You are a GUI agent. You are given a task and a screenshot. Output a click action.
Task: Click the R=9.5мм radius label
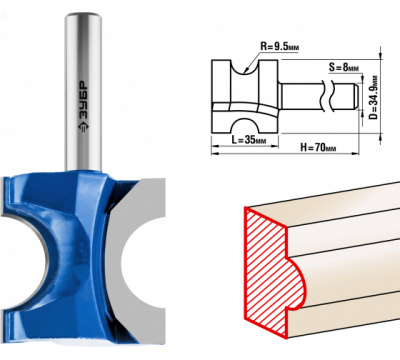pos(279,46)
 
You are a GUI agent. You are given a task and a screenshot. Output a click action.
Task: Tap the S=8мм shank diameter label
pos(344,67)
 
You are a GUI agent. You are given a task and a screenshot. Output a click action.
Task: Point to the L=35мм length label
pos(249,140)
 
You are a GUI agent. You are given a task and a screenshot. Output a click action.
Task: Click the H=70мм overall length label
pos(318,147)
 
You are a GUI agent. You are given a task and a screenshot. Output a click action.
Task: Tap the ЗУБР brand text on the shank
pos(83,107)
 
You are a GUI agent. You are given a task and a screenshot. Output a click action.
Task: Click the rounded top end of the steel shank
pos(83,17)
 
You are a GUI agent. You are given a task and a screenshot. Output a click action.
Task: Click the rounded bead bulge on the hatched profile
pos(296,283)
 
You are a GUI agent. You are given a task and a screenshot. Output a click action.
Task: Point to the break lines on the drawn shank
pos(327,97)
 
